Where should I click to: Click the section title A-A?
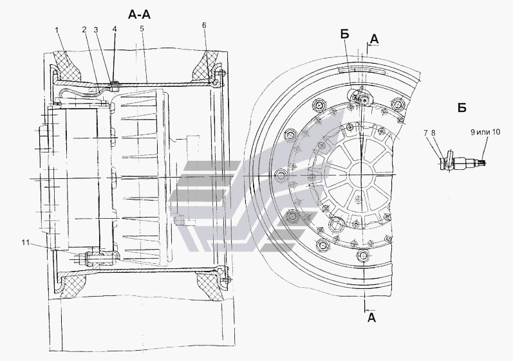pyautogui.click(x=140, y=14)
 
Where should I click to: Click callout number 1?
pyautogui.click(x=57, y=30)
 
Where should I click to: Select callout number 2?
pyautogui.click(x=84, y=30)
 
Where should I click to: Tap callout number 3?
pyautogui.click(x=96, y=30)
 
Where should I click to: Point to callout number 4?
pyautogui.click(x=115, y=29)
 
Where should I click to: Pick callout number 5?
pyautogui.click(x=142, y=29)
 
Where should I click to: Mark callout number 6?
pyautogui.click(x=204, y=26)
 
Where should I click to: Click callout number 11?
pyautogui.click(x=26, y=243)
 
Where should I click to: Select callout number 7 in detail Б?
pyautogui.click(x=425, y=133)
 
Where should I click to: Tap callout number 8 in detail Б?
pyautogui.click(x=433, y=133)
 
